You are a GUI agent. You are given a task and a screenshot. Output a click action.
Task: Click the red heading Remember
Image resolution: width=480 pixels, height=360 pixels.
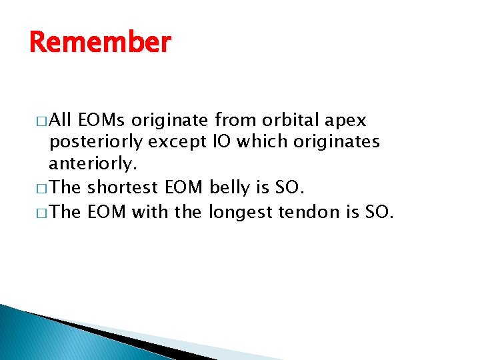(100, 43)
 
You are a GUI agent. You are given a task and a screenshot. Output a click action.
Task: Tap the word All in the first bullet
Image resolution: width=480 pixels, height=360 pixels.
(61, 121)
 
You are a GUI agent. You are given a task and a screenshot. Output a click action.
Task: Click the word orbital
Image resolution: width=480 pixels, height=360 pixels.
(292, 121)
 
